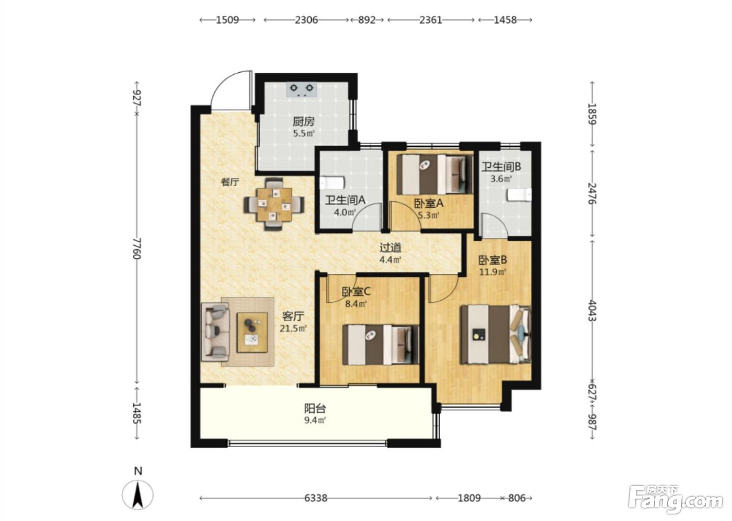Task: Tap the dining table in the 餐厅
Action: click(274, 205)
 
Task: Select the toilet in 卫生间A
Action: click(331, 183)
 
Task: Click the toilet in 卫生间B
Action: click(519, 195)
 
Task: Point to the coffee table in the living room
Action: click(252, 332)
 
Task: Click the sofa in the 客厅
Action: click(215, 332)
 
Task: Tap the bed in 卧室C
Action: click(381, 345)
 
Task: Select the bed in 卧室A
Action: click(435, 174)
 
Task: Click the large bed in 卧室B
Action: click(496, 335)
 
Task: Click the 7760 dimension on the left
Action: click(137, 248)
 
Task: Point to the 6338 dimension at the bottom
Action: click(316, 498)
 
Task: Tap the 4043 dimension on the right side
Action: click(592, 311)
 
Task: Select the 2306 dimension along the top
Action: click(306, 20)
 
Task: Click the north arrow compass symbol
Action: click(138, 494)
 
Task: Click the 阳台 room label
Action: click(315, 408)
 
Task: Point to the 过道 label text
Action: click(390, 247)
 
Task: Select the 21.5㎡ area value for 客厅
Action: click(293, 329)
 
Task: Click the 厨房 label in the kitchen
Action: click(304, 121)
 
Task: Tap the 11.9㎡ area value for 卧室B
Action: click(493, 271)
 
